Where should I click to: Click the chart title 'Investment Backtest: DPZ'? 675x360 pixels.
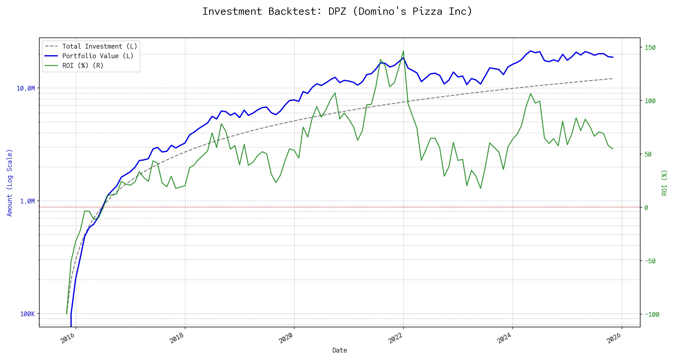(337, 11)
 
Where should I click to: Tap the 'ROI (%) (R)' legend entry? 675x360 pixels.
(83, 66)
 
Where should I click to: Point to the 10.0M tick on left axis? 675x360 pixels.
(26, 88)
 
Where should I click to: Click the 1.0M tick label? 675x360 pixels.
(27, 201)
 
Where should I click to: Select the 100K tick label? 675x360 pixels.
(27, 314)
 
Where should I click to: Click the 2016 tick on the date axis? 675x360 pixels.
(68, 338)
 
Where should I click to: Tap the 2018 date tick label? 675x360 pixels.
(177, 338)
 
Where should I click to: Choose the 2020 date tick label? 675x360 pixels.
(286, 338)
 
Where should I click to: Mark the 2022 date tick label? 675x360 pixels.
(395, 338)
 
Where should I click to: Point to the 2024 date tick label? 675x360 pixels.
(505, 338)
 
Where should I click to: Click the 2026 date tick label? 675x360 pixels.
(614, 338)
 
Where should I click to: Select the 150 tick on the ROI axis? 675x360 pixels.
(650, 47)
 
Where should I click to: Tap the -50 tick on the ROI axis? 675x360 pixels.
(650, 261)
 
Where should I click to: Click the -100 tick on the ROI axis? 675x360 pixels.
(652, 314)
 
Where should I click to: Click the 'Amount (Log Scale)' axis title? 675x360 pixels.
(10, 183)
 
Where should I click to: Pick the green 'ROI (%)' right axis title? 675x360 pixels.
(664, 183)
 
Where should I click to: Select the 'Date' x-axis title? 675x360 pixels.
(340, 350)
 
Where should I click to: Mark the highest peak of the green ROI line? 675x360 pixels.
(403, 51)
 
